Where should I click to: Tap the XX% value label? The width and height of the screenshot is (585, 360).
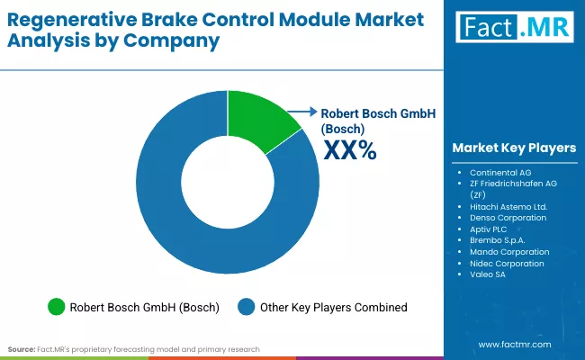pos(348,150)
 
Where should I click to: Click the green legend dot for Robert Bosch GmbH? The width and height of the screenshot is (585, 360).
pos(56,308)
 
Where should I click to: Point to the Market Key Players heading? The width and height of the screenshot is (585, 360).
pos(514,148)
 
